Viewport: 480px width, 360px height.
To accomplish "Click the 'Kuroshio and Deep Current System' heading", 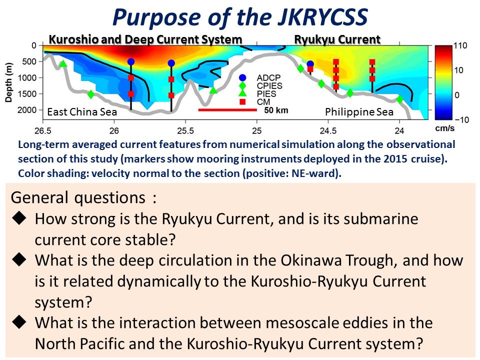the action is [x=145, y=39].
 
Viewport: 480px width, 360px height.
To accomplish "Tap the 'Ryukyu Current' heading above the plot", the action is [x=337, y=39].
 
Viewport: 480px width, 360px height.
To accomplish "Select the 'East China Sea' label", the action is [x=82, y=111].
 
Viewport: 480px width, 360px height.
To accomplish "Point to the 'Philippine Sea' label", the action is [x=359, y=111].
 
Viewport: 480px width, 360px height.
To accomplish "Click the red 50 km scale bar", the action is [x=227, y=109].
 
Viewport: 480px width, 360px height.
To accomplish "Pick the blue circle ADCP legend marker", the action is [x=242, y=78].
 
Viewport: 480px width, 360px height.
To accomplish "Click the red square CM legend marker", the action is [x=242, y=102].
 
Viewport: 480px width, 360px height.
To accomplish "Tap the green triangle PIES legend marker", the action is [x=242, y=93].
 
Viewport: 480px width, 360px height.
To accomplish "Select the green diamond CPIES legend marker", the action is [x=242, y=85].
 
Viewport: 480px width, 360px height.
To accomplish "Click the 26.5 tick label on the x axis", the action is [x=43, y=130].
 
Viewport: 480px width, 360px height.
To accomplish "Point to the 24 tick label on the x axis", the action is [x=399, y=130].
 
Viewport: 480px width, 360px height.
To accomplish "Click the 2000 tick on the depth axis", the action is [x=27, y=110].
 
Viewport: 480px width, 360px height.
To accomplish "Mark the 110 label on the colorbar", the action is [x=460, y=46].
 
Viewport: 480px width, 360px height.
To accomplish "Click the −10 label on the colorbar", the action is [x=461, y=119].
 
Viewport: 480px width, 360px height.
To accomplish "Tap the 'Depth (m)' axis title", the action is [x=9, y=82].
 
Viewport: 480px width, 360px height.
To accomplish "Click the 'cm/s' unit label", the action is [x=445, y=128].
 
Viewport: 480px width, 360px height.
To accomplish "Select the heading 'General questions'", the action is [x=78, y=197].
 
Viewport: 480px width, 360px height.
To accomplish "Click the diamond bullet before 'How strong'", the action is [x=19, y=218].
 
